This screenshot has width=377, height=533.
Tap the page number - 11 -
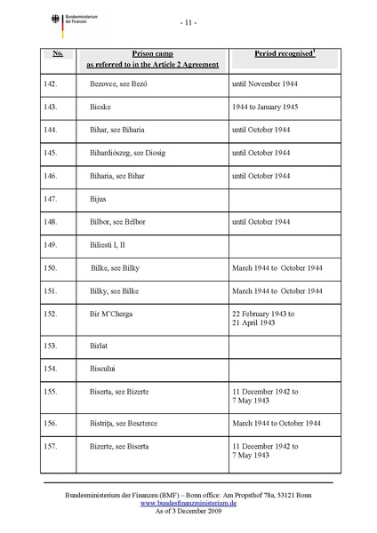click(x=188, y=20)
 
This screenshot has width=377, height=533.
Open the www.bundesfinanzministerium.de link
click(x=188, y=501)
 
